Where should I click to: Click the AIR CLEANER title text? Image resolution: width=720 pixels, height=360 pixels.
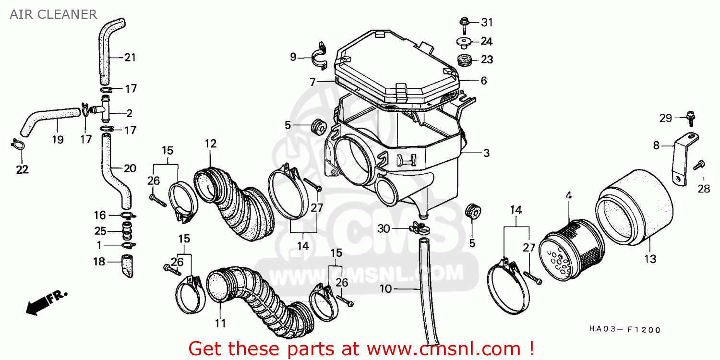pos(53,14)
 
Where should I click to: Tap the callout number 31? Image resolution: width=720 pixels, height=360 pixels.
pos(487,23)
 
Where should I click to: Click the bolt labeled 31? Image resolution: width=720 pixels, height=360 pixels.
pos(464,23)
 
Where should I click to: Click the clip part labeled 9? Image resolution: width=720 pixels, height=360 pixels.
pos(319,57)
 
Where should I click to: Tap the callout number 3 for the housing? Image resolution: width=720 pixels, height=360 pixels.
pos(486,153)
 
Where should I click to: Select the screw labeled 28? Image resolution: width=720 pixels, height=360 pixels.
pos(699,166)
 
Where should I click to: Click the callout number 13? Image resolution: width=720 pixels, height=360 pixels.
pos(650,259)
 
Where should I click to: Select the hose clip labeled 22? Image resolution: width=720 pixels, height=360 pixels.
pos(18,144)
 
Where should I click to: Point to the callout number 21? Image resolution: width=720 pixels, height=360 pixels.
pos(130,58)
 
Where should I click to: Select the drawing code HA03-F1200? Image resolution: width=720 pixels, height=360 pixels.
pos(624,330)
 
